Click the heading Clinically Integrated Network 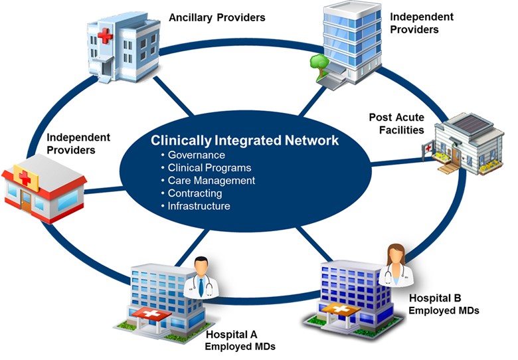tap(244, 141)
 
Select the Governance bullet tap(197, 155)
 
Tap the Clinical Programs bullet tap(210, 168)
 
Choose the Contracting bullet tap(195, 193)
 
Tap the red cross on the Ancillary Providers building tap(104, 36)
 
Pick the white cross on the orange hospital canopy tap(339, 307)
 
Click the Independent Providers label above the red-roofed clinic tap(78, 143)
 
